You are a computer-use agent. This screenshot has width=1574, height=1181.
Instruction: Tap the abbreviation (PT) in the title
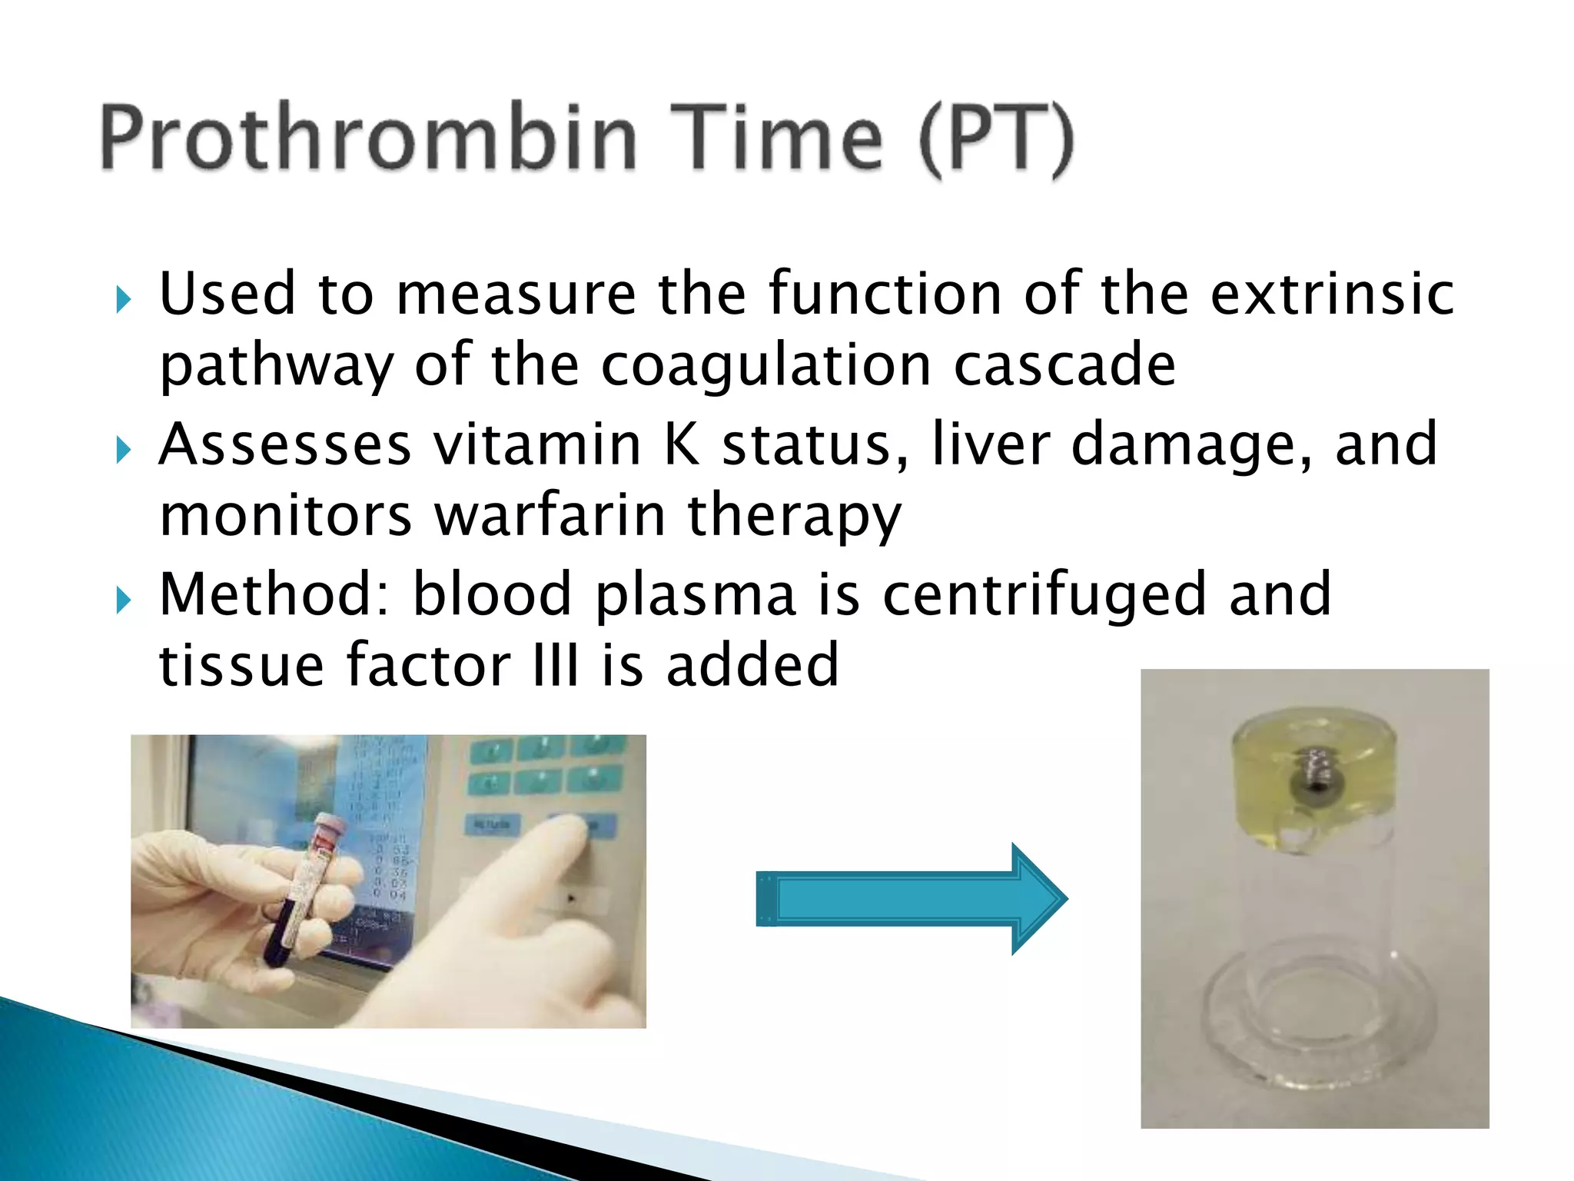996,140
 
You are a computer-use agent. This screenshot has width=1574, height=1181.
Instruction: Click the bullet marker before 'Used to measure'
123,300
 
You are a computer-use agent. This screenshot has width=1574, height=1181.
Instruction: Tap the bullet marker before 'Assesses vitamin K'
123,450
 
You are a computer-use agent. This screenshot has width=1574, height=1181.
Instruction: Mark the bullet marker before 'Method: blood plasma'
123,600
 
